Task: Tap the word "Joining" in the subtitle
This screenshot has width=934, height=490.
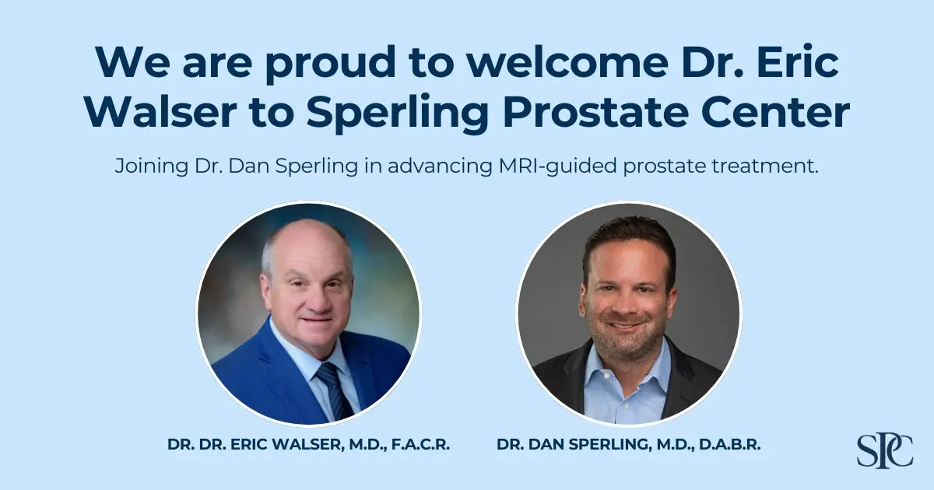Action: [x=146, y=166]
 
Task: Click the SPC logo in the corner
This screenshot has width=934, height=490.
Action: [x=885, y=450]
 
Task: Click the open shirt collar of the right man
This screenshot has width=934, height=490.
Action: [x=627, y=366]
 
